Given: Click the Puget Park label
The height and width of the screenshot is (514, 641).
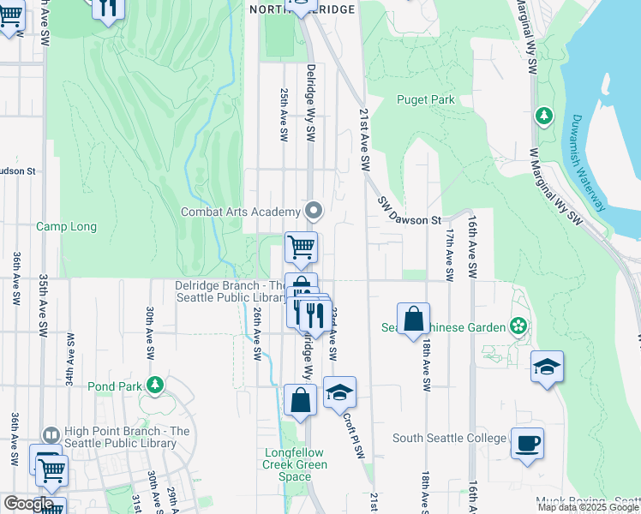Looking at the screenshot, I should click(x=425, y=99).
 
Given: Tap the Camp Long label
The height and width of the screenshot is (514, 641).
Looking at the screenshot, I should click(x=66, y=227).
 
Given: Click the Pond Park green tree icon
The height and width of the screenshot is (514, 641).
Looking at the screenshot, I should click(x=154, y=385).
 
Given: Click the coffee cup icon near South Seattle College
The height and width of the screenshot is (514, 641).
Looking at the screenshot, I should click(x=528, y=443).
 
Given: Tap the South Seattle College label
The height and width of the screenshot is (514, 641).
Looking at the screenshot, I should click(x=449, y=438).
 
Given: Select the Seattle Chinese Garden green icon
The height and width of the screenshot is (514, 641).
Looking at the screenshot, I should click(x=518, y=326).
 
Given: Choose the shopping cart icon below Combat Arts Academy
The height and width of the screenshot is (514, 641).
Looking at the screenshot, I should click(x=301, y=248).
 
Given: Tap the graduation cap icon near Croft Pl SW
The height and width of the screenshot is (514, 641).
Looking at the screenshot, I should click(x=339, y=392).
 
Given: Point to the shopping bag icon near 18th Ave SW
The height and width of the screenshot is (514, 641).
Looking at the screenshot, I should click(x=413, y=319).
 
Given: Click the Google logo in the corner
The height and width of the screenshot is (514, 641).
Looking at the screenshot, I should click(x=27, y=503).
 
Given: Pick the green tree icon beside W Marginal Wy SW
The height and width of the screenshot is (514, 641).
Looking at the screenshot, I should click(x=542, y=114).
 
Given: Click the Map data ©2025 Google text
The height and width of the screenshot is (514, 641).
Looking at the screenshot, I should click(x=588, y=507).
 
